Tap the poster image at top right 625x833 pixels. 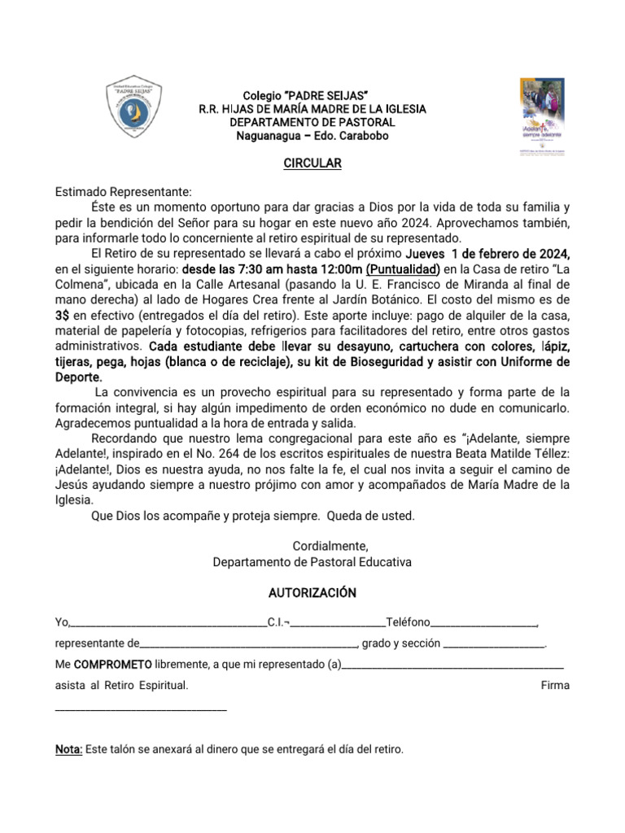541,118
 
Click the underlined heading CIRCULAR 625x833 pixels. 312,164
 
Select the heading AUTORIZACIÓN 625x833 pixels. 312,592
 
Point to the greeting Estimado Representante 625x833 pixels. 123,192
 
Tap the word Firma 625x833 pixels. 555,685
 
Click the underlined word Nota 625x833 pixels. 68,748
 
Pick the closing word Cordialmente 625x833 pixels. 312,546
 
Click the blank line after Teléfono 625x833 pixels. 483,624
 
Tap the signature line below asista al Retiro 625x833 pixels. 141,709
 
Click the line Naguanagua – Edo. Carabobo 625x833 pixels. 312,136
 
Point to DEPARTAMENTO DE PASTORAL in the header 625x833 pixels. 312,122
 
